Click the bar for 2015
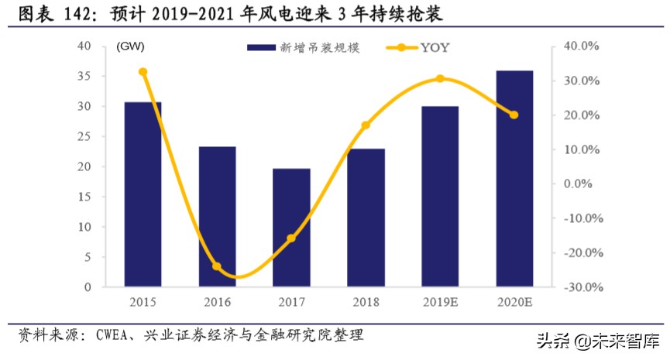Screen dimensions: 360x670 coord(143,194)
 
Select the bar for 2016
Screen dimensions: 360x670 coord(218,217)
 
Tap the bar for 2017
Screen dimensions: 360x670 coord(291,228)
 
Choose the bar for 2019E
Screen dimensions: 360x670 coord(440,197)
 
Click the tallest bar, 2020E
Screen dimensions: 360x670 coord(514,179)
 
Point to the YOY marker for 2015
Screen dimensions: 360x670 coord(143,72)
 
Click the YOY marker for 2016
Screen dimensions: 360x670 coord(217,266)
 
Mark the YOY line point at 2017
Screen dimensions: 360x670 coord(291,238)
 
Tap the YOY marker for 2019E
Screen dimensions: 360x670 coord(440,78)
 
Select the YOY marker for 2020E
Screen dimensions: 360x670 coord(514,115)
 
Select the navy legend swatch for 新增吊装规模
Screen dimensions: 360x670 coord(262,48)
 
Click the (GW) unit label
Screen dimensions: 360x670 coord(130,47)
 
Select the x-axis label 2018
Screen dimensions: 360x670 coord(366,301)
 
